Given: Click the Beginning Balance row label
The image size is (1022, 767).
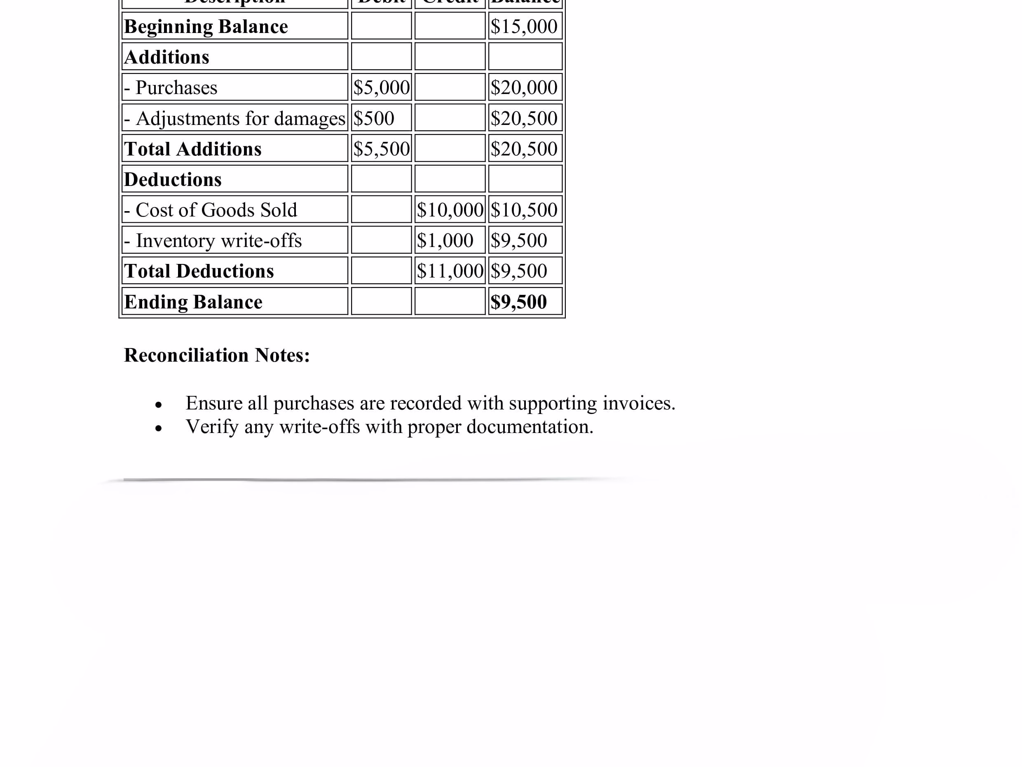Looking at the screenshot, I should pyautogui.click(x=206, y=27).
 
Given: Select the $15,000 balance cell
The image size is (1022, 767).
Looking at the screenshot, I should pyautogui.click(x=524, y=26).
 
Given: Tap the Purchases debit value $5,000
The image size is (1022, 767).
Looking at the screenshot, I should pyautogui.click(x=381, y=88).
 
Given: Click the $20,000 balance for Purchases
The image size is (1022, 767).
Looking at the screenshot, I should pyautogui.click(x=524, y=88).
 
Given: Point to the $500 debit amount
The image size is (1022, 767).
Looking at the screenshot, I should pyautogui.click(x=374, y=118).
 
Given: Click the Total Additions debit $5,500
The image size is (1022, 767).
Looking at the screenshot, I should pyautogui.click(x=381, y=149).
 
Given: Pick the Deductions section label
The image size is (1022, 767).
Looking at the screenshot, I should pyautogui.click(x=173, y=179).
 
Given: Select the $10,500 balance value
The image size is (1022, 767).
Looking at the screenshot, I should pyautogui.click(x=524, y=210).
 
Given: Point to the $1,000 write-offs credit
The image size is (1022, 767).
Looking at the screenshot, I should pyautogui.click(x=445, y=240).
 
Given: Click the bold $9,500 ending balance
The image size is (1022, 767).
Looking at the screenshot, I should pyautogui.click(x=519, y=302).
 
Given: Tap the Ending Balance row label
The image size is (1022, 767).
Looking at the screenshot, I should pyautogui.click(x=193, y=302).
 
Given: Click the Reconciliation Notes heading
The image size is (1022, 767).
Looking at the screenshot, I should pyautogui.click(x=217, y=355).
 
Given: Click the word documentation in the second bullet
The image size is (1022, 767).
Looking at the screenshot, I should pyautogui.click(x=530, y=427).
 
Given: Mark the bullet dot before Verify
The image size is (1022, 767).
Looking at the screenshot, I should pyautogui.click(x=159, y=428).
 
